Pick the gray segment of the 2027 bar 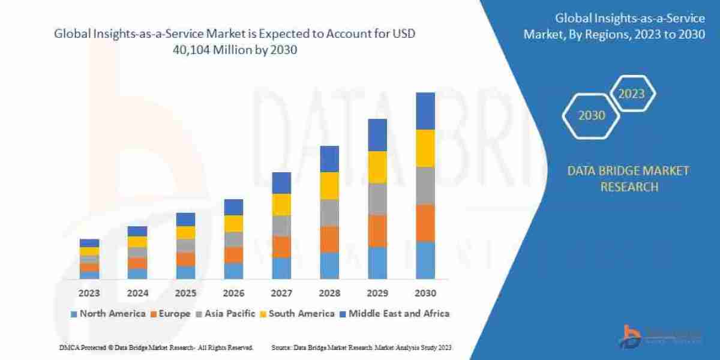point(281,226)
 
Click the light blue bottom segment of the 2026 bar point(233,271)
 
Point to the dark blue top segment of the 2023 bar point(89,243)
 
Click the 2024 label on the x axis point(137,294)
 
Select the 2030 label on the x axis point(425,294)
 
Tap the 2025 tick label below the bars point(185,294)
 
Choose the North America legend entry point(108,313)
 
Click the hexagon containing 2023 point(631,94)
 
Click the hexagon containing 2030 point(592,115)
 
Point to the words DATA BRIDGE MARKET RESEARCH point(628,179)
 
